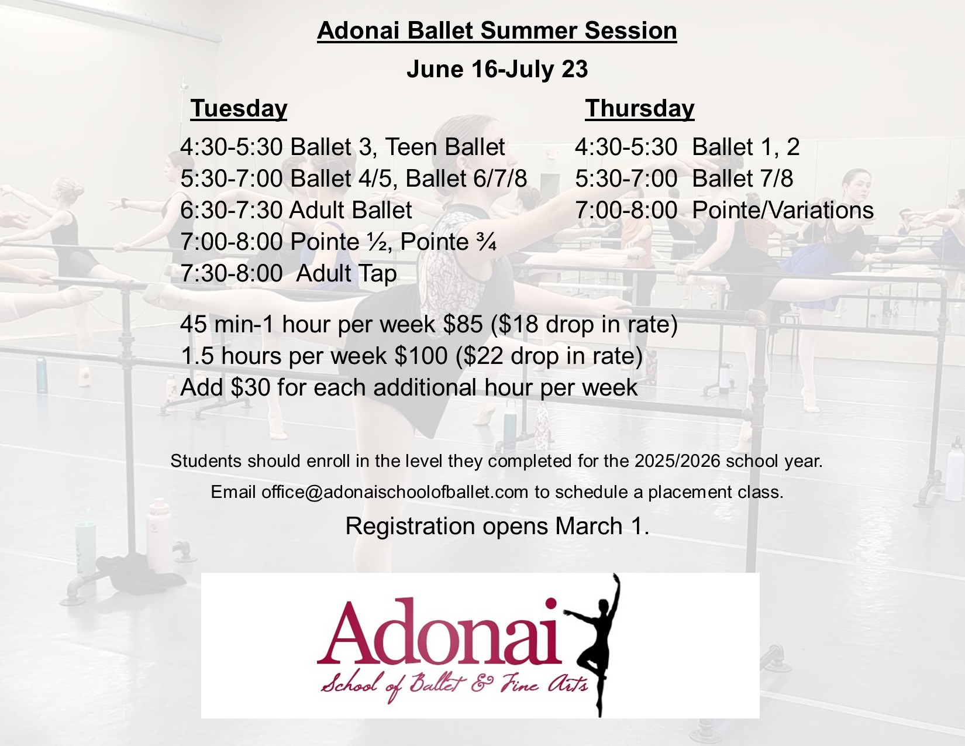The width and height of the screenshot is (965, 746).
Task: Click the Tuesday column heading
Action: tap(239, 109)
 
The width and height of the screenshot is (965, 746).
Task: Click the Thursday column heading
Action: tap(639, 109)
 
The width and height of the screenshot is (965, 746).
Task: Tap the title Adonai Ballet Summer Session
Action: tap(497, 31)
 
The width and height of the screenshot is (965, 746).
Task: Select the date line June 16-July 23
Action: tap(497, 69)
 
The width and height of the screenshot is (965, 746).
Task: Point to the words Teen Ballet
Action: tap(445, 147)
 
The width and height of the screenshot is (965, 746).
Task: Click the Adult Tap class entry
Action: tap(346, 273)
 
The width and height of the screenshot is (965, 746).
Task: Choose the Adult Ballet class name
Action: tap(351, 210)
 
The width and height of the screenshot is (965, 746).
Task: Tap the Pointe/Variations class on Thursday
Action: tap(783, 210)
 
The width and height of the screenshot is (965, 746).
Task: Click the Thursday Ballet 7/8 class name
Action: tap(743, 178)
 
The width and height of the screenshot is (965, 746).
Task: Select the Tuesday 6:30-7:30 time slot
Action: tap(232, 210)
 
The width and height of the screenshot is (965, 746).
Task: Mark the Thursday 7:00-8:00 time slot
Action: tap(626, 210)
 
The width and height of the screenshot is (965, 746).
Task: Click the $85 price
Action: tap(463, 324)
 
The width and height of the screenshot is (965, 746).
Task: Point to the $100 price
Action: tap(421, 356)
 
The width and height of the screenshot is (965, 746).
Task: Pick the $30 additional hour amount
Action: tap(250, 387)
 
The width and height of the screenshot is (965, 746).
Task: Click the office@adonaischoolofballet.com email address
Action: tap(395, 492)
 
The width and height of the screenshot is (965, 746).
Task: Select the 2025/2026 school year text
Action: tap(677, 461)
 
